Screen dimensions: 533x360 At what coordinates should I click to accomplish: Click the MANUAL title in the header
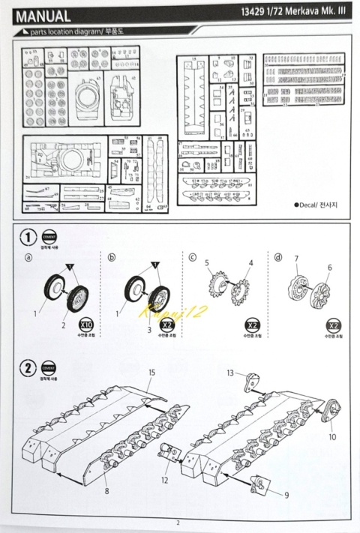point(43,16)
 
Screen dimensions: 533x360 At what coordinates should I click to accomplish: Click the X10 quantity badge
point(86,326)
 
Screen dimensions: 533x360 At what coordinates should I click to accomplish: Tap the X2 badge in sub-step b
point(167,326)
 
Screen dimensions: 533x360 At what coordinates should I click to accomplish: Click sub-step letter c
point(193,259)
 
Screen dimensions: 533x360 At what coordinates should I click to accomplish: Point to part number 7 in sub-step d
point(296,259)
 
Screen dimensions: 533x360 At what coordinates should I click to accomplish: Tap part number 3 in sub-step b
point(150,329)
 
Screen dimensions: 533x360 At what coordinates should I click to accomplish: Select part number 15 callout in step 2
point(151,373)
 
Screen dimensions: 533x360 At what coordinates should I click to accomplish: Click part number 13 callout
point(231,373)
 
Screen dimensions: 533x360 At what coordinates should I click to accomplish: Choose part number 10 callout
point(331,436)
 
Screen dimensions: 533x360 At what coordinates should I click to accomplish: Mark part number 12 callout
point(163,478)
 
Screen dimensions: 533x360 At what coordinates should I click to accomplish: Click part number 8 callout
point(107,491)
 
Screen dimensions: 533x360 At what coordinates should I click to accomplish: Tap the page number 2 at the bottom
point(178,523)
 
